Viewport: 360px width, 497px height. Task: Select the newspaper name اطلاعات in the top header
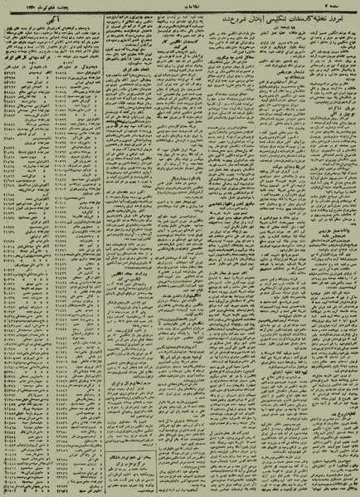(x=181, y=4)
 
